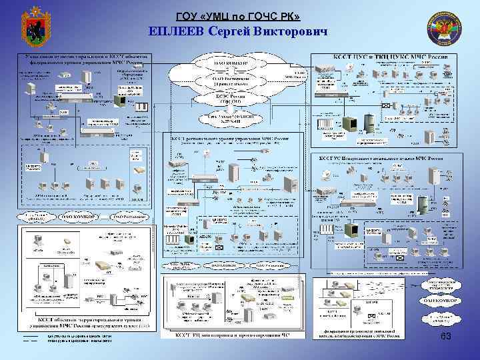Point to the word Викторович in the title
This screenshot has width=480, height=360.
[x=292, y=31]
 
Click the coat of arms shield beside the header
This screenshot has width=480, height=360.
[x=33, y=25]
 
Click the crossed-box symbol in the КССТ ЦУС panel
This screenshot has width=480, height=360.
[x=386, y=106]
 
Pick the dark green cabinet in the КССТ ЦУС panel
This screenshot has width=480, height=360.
[x=349, y=123]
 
